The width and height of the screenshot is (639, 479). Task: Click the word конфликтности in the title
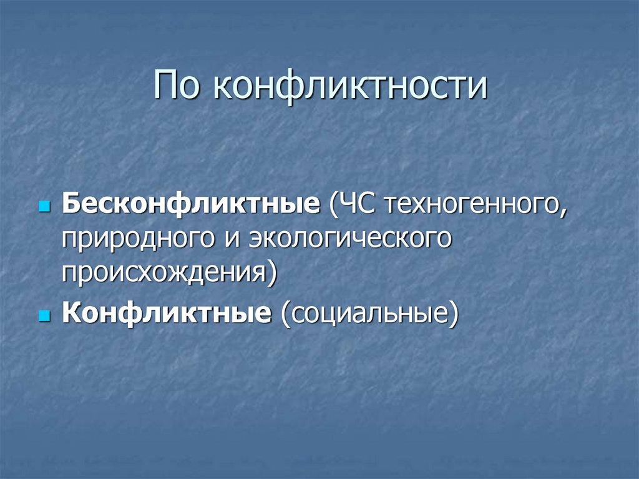(x=349, y=86)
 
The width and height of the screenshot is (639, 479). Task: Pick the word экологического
(x=350, y=240)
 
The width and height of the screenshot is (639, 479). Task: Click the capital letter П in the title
(x=165, y=86)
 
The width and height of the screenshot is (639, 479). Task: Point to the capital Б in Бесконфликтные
(x=70, y=205)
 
